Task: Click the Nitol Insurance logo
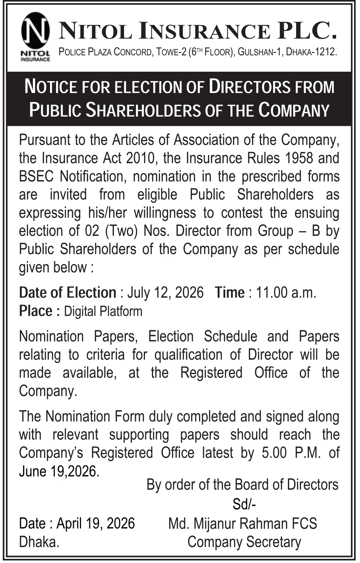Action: [x=35, y=36]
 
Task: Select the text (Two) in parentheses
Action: [x=122, y=231]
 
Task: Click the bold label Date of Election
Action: [x=68, y=293]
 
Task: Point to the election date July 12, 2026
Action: [x=165, y=293]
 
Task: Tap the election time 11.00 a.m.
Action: [x=286, y=293]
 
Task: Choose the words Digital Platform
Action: [x=103, y=311]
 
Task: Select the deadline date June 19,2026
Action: [x=59, y=471]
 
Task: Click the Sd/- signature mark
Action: [x=244, y=504]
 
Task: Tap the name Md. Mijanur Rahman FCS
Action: [x=243, y=523]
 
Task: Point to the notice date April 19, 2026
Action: [x=96, y=523]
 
